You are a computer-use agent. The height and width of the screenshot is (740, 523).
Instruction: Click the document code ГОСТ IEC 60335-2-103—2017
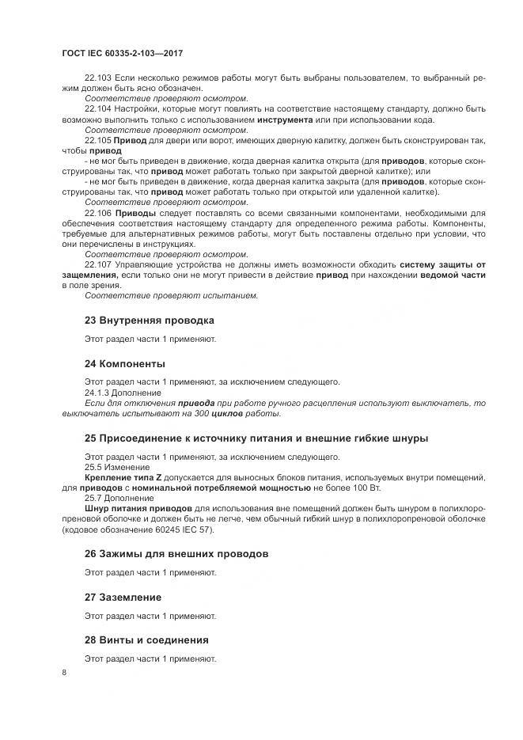coord(123,53)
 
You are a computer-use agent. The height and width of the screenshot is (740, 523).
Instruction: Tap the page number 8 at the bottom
coord(64,673)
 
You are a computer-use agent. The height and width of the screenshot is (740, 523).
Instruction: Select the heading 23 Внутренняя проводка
coord(149,320)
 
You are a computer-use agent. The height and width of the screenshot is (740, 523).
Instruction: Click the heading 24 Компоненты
coord(124,363)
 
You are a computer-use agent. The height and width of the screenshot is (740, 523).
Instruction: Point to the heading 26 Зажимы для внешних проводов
coord(176,553)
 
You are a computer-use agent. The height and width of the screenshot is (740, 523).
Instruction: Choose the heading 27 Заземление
coord(123,597)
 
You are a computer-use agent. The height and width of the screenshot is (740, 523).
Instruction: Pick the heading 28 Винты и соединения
coord(146,639)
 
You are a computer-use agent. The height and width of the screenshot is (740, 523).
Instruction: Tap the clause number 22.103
coord(98,78)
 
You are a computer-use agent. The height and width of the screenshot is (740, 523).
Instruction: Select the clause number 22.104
coord(98,108)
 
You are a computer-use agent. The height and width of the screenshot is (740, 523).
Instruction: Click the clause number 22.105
coord(98,139)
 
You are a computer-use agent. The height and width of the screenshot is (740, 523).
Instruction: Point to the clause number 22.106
coord(98,213)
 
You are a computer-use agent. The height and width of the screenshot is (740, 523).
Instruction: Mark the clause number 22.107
coord(98,264)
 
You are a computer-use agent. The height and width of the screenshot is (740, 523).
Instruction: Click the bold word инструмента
coord(283,119)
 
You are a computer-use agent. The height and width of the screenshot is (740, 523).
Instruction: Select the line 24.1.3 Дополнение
coord(123,393)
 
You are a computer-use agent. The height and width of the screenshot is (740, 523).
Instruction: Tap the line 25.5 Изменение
coord(118,467)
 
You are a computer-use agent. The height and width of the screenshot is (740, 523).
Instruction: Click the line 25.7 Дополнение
coord(120,498)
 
